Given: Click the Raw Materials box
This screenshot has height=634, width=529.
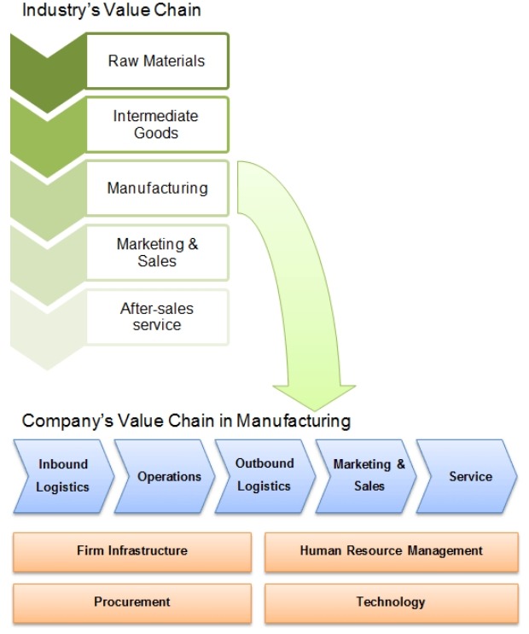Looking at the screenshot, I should pos(157,61).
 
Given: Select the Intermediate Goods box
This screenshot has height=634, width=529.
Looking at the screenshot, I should pos(157,125).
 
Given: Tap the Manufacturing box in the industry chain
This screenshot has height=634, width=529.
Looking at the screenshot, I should pos(157,188).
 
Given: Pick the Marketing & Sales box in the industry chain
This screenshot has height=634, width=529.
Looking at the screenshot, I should pos(157,252).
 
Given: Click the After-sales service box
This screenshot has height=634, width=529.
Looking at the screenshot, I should pos(157,317).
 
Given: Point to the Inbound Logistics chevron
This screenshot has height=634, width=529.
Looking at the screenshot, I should pos(62,475).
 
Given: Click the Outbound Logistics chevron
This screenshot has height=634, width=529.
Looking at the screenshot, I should pos(264,475).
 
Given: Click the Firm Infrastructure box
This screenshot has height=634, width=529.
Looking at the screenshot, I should pos(132,551).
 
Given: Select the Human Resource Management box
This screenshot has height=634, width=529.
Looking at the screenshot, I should pos(391,551).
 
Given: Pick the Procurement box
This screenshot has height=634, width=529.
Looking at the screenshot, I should pos(132,602).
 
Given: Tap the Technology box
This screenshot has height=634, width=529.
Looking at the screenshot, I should pos(391,602).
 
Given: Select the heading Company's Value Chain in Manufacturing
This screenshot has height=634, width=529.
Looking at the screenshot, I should pos(186,420).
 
